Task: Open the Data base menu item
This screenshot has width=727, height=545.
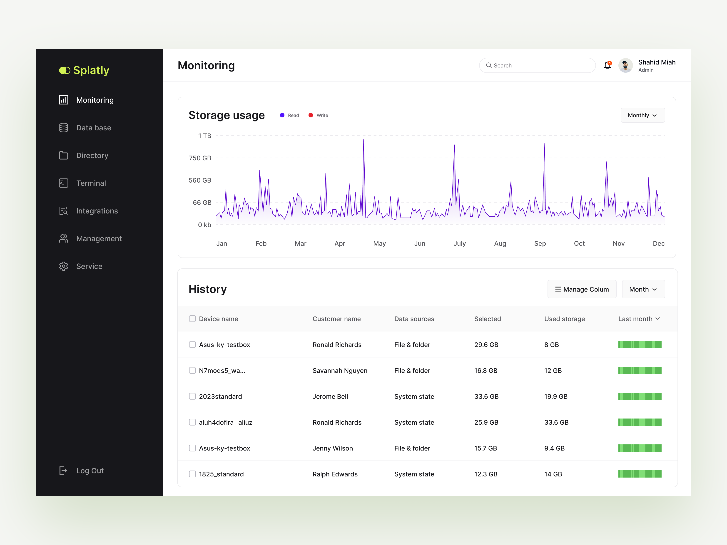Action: pos(93,128)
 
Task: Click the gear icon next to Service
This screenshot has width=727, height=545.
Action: pos(63,266)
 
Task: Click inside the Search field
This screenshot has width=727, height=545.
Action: pos(539,65)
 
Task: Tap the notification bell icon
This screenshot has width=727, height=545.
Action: pos(607,65)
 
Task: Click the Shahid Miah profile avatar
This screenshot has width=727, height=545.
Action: pos(625,65)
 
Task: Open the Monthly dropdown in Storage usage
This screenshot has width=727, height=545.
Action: pos(642,115)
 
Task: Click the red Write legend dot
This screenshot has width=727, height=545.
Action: pos(311,115)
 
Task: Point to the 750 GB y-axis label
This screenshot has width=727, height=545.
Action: pos(200,158)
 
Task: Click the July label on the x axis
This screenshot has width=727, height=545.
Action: pos(459,243)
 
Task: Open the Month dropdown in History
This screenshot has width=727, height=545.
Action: pos(643,290)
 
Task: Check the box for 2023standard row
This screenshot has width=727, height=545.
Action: pos(192,396)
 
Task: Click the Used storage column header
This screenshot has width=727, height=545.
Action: pos(564,319)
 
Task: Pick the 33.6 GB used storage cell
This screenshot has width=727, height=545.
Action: pos(556,422)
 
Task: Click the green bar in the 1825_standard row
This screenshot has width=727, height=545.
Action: pos(640,474)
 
